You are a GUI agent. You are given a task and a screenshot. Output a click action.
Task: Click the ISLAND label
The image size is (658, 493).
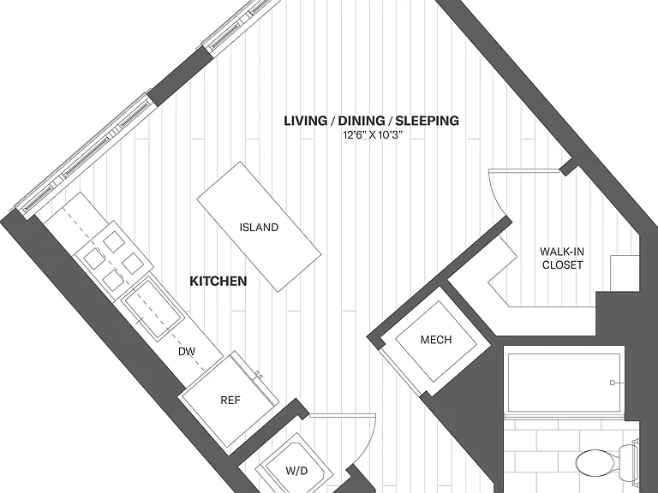(x=259, y=227)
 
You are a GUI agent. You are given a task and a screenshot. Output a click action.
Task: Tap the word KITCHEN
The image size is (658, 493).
(x=218, y=281)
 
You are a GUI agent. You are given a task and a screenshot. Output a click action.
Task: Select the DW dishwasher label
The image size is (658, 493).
(x=187, y=352)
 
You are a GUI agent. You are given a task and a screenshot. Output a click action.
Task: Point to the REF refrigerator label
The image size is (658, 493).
(x=230, y=401)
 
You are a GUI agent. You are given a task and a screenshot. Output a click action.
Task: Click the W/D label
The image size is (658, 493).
(x=296, y=471)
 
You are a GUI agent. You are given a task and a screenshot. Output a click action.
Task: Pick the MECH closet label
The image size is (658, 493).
(x=436, y=340)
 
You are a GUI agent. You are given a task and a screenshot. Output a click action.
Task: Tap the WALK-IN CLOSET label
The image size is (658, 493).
(x=562, y=258)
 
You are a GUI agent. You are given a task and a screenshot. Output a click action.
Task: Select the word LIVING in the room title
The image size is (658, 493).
(x=306, y=121)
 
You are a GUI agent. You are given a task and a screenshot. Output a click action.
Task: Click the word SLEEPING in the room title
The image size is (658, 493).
(x=428, y=121)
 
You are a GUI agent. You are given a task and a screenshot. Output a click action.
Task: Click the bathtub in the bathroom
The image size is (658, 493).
(x=564, y=383)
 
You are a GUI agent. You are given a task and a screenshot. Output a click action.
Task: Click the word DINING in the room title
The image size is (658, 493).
(x=362, y=121)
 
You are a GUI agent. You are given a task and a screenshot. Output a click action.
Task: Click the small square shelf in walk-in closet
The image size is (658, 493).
(x=625, y=273)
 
